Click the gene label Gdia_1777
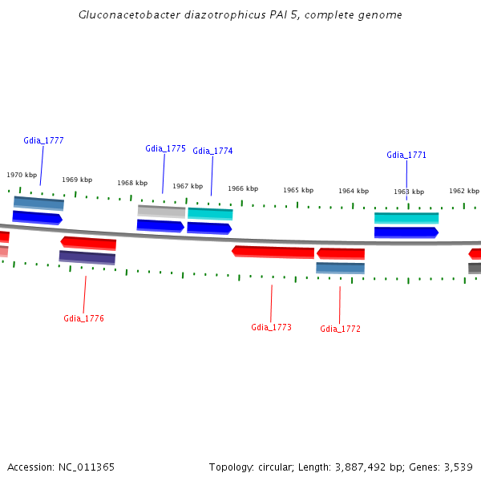click(43, 140)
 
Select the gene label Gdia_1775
click(165, 148)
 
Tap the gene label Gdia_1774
click(212, 151)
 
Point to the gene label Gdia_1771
click(406, 155)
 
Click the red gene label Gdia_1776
click(83, 318)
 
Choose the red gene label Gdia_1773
click(271, 327)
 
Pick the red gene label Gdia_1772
click(340, 329)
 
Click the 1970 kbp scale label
click(22, 175)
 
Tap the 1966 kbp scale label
click(243, 188)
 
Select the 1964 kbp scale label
click(354, 191)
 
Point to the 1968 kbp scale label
click(132, 183)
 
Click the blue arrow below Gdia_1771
click(406, 232)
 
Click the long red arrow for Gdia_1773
click(273, 253)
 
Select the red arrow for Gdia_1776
click(88, 243)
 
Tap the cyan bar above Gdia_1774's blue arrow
click(210, 213)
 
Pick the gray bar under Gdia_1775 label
click(161, 211)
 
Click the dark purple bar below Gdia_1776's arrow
click(87, 257)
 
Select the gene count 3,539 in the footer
click(458, 467)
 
